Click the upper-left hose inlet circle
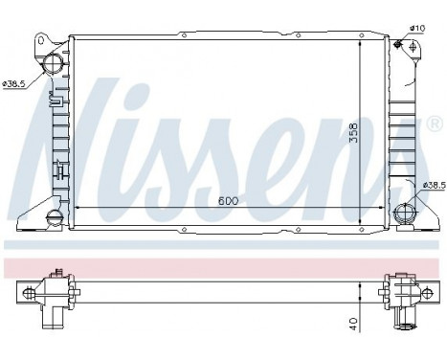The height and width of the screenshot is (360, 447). (x=53, y=65)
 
